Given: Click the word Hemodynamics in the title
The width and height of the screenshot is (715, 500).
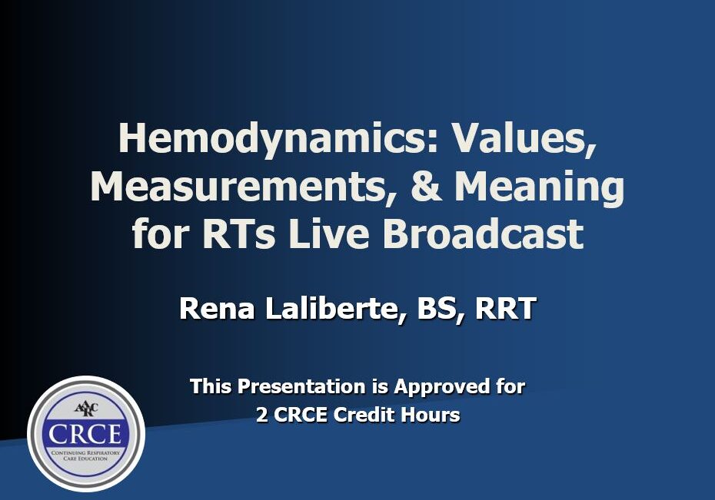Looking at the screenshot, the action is point(278,140).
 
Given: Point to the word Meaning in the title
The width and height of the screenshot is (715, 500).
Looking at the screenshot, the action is point(540,187).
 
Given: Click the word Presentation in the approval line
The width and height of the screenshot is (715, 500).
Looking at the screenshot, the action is point(301,386).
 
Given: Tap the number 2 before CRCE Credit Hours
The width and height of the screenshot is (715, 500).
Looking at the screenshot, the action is point(261,415).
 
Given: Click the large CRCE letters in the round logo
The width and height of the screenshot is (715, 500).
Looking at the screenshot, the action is point(85,434).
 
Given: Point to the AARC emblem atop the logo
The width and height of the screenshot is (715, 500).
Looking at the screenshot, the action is point(86,409).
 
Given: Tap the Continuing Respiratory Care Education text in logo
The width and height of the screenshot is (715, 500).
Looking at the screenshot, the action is point(86,455).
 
